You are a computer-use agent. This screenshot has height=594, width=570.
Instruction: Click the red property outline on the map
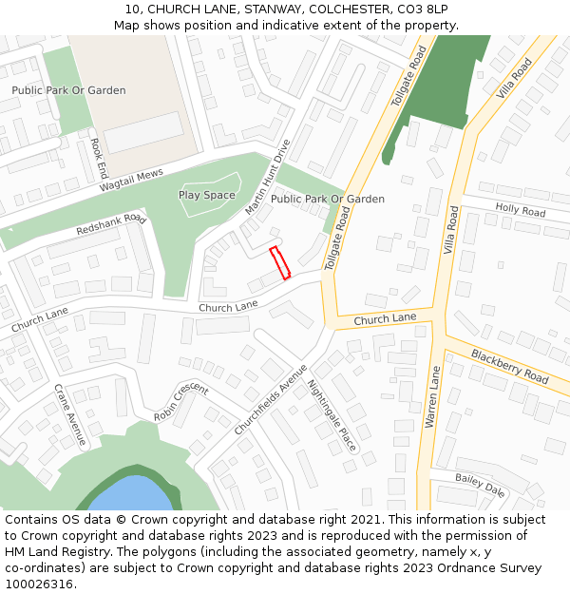(279, 263)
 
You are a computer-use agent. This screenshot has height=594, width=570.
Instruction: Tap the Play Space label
(206, 195)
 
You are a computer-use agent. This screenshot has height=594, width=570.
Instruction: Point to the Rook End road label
(97, 159)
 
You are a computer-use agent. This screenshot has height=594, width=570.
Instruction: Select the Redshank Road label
(111, 225)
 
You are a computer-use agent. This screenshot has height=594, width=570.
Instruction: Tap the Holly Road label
(520, 210)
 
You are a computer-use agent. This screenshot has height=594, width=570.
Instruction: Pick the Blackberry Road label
(509, 366)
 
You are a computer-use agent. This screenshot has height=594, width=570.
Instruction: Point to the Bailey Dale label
(480, 484)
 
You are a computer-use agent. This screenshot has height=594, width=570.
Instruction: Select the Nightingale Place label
(332, 416)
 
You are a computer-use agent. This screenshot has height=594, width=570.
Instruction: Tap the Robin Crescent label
(180, 402)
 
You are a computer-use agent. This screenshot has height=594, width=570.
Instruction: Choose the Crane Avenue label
(70, 415)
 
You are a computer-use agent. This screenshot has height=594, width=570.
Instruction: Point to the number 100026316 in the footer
(39, 584)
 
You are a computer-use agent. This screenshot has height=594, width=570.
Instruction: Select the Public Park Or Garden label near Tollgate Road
(327, 200)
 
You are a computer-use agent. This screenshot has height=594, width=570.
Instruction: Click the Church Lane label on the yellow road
(385, 319)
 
